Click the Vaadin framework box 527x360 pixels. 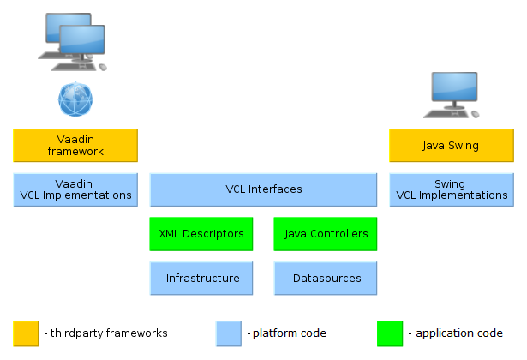75,146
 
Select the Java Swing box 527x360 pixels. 451,146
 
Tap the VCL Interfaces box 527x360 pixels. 263,189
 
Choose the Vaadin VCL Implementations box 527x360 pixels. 75,189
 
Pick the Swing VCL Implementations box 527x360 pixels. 451,189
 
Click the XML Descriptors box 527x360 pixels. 201,234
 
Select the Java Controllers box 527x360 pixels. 326,234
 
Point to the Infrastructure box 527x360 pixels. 201,278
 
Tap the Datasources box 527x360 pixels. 326,278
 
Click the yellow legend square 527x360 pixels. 26,333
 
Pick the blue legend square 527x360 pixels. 229,333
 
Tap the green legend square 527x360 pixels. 390,333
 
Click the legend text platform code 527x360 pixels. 286,333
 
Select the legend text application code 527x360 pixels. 453,333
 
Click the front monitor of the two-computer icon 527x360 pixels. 82,41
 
